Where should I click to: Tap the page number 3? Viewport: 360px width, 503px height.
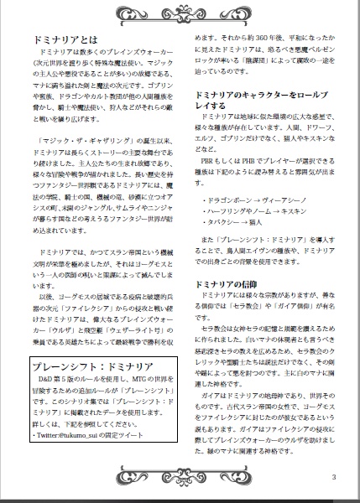coord(333,478)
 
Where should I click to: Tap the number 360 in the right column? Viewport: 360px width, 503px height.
coord(259,39)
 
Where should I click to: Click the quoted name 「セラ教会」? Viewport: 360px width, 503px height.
coord(253,309)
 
